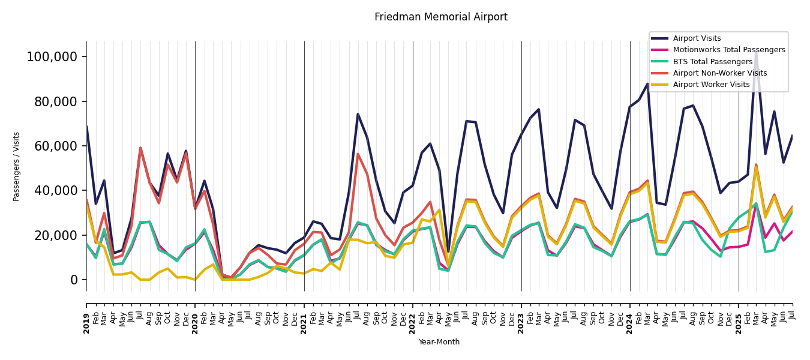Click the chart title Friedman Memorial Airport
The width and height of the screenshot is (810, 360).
pos(441,17)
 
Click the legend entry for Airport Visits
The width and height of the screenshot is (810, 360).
pos(697,38)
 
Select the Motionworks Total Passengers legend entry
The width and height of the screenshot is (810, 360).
pos(728,50)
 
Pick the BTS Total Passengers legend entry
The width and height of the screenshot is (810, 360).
pos(712,62)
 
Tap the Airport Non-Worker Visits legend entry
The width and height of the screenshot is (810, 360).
pos(719,73)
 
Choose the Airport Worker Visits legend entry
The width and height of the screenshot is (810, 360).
pos(711,85)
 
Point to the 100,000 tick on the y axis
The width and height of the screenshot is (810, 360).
pos(52,57)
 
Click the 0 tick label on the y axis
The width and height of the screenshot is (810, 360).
pos(73,280)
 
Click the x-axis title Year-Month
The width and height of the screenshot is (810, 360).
pos(439,342)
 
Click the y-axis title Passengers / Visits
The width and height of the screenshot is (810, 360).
pos(17,166)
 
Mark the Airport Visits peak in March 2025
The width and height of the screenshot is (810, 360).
pos(756,52)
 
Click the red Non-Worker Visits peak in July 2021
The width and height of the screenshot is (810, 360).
pos(358,154)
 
